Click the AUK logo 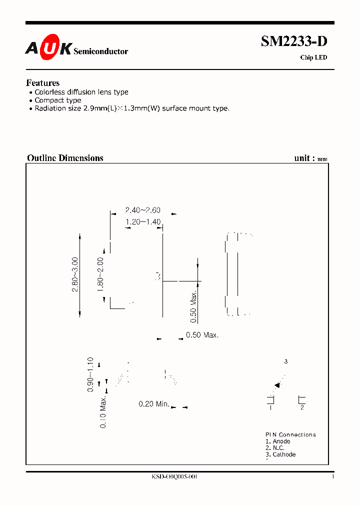pyautogui.click(x=49, y=48)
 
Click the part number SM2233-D pyautogui.click(x=294, y=42)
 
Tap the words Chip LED pyautogui.click(x=313, y=57)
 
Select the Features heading pyautogui.click(x=42, y=83)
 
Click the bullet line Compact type pyautogui.click(x=57, y=100)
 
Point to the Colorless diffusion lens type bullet pyautogui.click(x=81, y=92)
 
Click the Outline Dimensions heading pyautogui.click(x=65, y=158)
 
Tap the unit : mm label pyautogui.click(x=310, y=158)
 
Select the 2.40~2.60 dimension pyautogui.click(x=142, y=210)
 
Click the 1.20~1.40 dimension pyautogui.click(x=142, y=222)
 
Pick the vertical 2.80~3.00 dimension pyautogui.click(x=75, y=274)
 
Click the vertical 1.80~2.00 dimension pyautogui.click(x=100, y=274)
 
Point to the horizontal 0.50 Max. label pyautogui.click(x=202, y=335)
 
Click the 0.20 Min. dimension pyautogui.click(x=154, y=403)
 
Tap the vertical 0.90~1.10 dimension pyautogui.click(x=90, y=374)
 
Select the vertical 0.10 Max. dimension pyautogui.click(x=103, y=411)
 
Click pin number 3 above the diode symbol pyautogui.click(x=286, y=361)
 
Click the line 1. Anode pyautogui.click(x=277, y=441)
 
